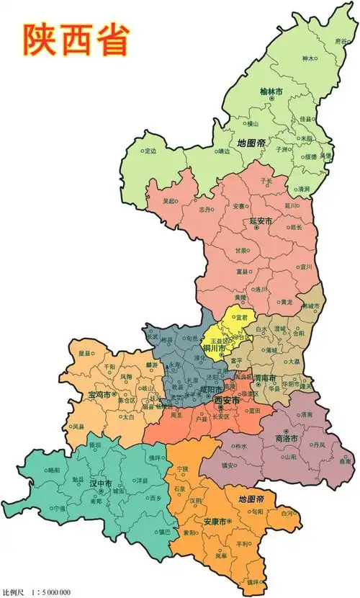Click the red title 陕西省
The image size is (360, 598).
pos(76,40)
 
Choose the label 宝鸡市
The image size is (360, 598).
pos(99,395)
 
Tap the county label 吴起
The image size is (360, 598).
pos(169,201)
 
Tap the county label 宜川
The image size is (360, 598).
pos(306,266)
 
